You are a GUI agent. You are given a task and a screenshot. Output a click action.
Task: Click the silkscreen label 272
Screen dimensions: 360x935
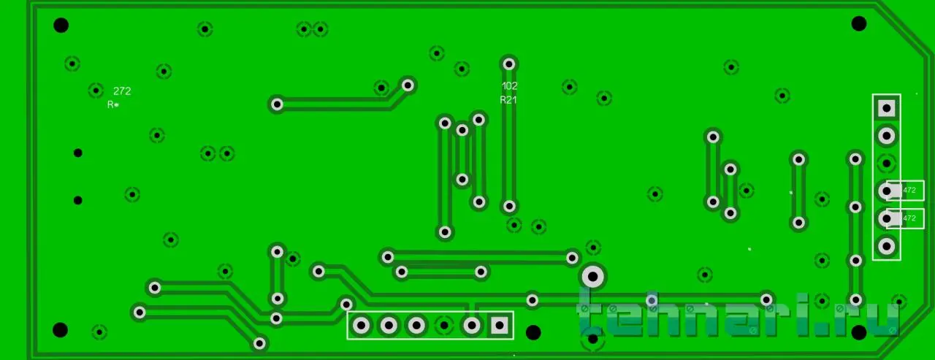(122, 91)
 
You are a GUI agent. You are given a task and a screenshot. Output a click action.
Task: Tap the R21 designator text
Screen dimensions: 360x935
(508, 100)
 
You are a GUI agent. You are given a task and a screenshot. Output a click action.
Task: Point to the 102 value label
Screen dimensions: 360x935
(510, 85)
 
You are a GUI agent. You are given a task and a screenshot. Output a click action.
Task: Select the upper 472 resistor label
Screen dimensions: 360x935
(909, 190)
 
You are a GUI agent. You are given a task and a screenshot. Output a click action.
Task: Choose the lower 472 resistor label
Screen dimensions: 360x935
(909, 218)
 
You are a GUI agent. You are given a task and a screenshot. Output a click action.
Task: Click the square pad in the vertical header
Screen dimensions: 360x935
(887, 108)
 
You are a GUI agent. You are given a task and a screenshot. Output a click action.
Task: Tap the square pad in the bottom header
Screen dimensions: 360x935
(500, 324)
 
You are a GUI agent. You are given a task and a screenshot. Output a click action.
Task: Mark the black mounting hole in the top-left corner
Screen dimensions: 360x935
(61, 26)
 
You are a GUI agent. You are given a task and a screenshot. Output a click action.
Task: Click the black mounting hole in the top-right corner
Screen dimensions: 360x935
(859, 23)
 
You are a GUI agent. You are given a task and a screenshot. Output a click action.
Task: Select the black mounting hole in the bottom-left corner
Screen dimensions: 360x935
(61, 329)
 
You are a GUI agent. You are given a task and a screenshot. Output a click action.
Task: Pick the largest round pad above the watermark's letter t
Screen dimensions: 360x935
(592, 277)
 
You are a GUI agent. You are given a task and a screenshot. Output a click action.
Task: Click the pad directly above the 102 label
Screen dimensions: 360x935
(509, 64)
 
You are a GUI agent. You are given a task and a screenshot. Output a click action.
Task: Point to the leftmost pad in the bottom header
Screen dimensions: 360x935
(361, 324)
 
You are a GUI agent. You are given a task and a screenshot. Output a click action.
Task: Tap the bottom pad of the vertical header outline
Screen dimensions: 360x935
(887, 246)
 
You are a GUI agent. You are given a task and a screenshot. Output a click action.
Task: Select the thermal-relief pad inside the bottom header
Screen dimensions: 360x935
(444, 324)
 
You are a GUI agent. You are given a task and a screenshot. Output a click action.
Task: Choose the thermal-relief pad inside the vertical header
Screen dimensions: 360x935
(887, 162)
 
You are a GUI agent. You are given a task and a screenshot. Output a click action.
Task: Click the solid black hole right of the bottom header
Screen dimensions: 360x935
(534, 332)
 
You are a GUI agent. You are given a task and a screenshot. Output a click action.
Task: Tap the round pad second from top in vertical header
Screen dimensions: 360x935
(887, 135)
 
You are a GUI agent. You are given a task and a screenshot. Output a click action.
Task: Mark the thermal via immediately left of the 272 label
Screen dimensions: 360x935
(96, 91)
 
